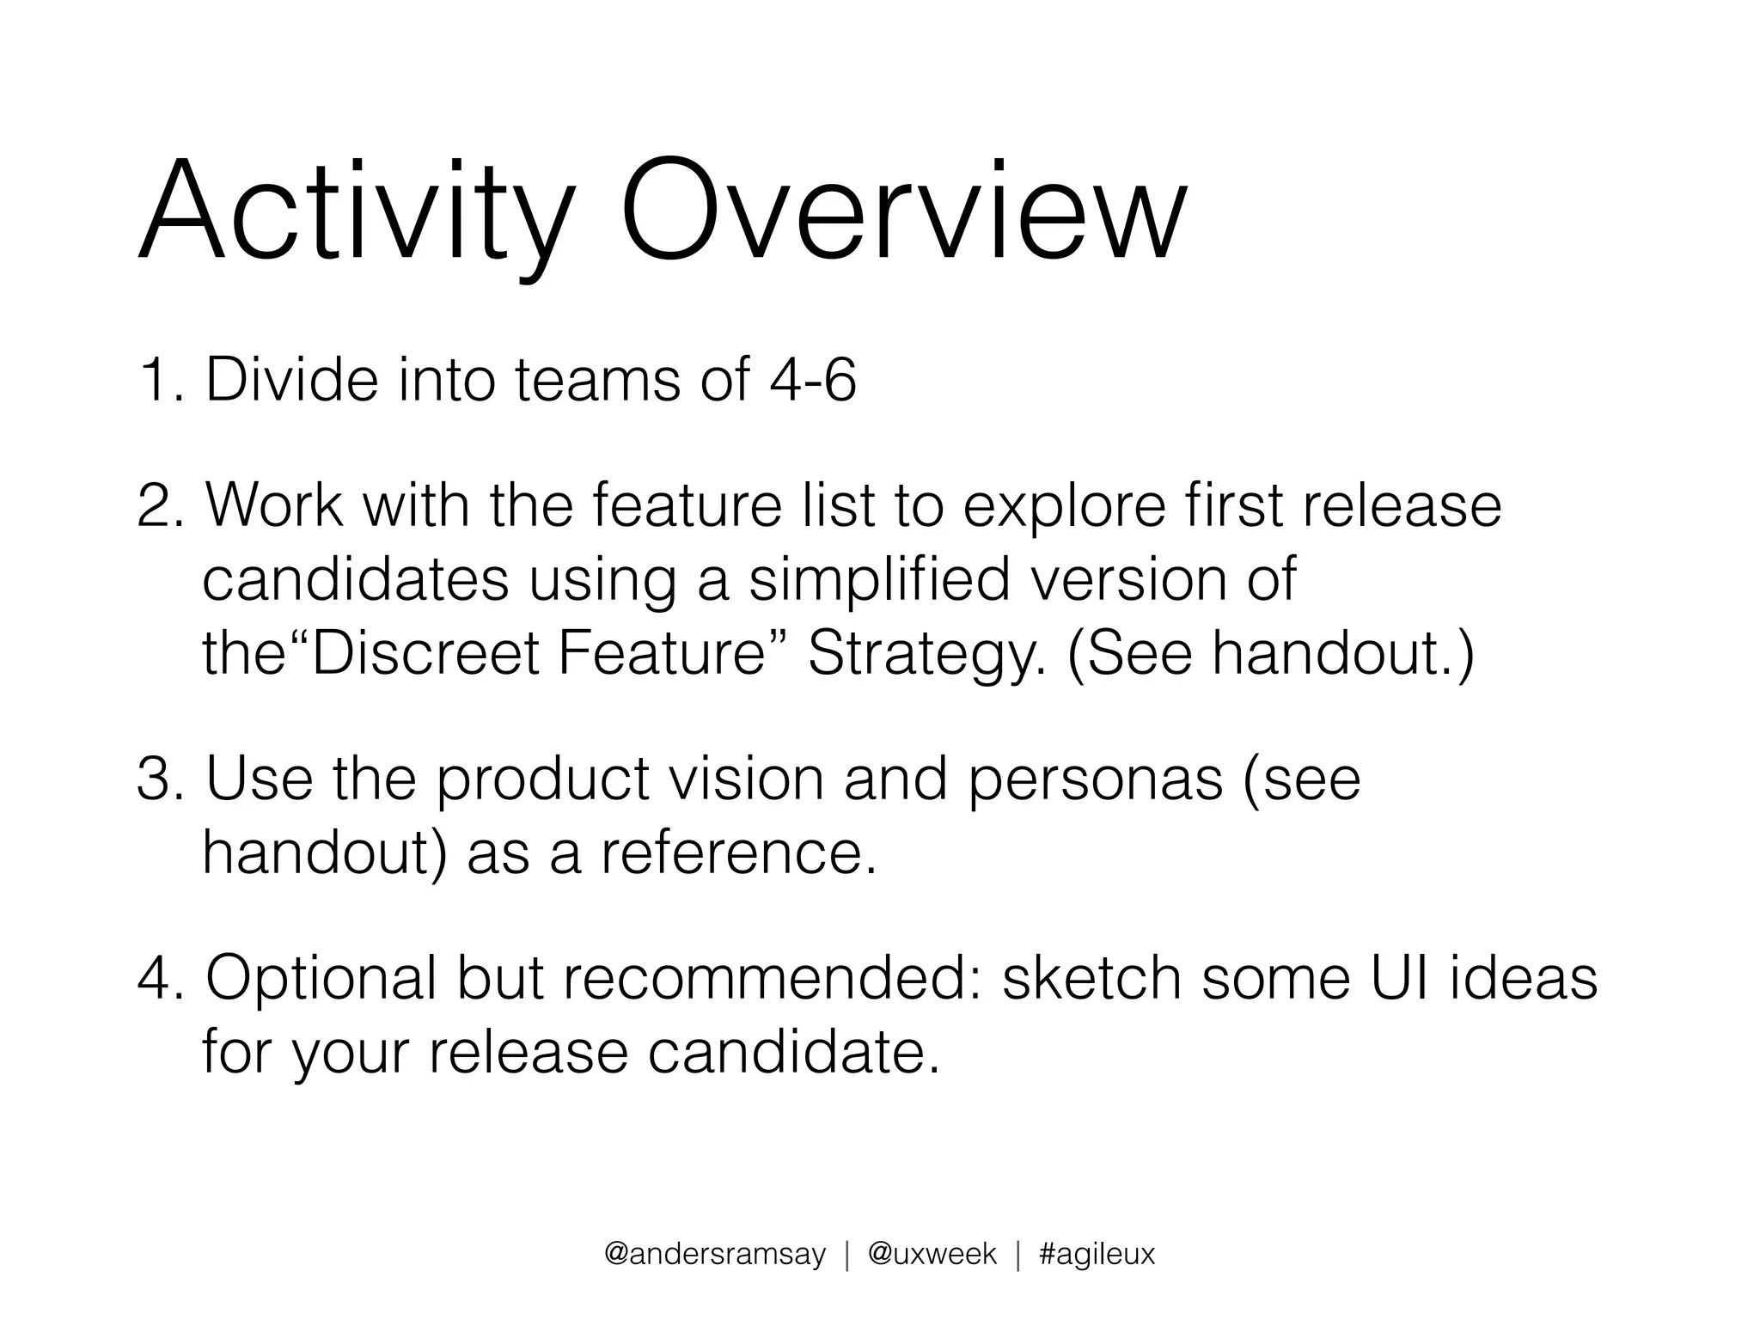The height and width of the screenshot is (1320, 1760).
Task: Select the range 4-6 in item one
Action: tap(812, 380)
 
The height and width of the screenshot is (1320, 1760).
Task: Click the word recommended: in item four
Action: tap(773, 979)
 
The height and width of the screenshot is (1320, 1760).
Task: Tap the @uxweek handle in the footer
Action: tap(932, 1256)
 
